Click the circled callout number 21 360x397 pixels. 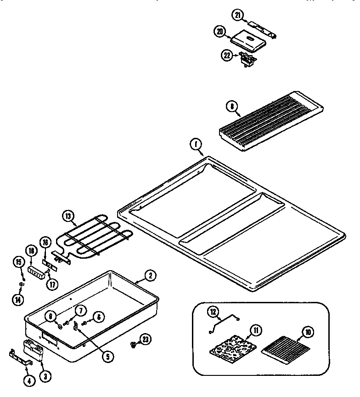[237, 15]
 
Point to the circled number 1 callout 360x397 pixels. [196, 145]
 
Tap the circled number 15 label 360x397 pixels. [19, 262]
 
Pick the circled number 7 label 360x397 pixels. [80, 311]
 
